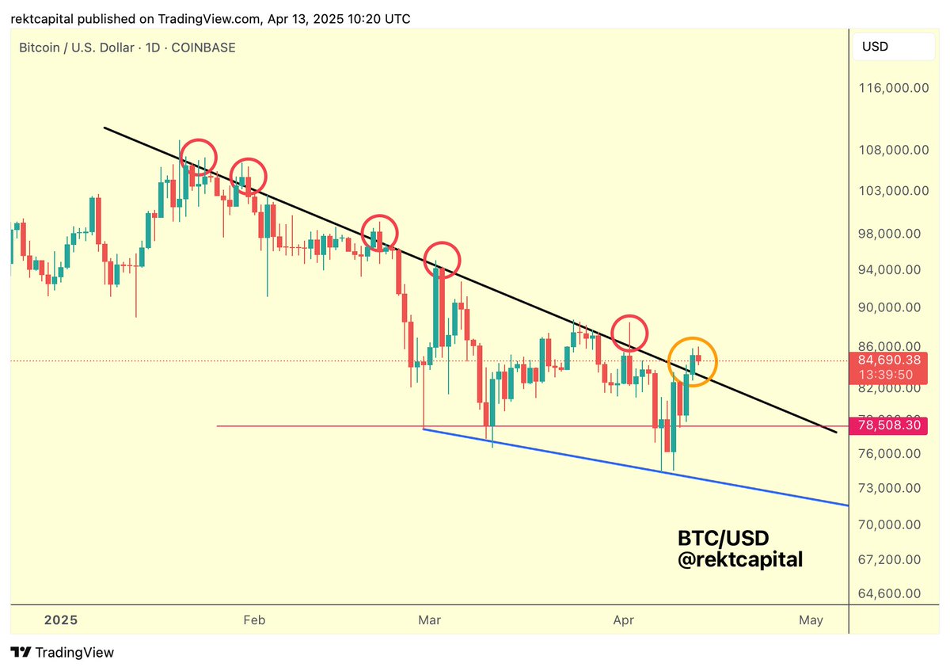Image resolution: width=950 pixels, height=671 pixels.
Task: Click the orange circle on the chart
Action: (693, 362)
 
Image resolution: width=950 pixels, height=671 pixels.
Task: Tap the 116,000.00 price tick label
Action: (893, 88)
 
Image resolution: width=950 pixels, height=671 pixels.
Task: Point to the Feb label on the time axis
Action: (253, 620)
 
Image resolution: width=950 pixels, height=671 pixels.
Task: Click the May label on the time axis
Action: (811, 620)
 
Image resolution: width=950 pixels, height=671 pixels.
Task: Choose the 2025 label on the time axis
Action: (61, 620)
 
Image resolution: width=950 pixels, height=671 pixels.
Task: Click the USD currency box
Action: (875, 47)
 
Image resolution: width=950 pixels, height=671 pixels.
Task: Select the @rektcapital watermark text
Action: (740, 559)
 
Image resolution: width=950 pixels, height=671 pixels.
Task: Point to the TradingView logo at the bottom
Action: (63, 653)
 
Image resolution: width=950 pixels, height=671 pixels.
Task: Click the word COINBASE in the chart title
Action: (205, 48)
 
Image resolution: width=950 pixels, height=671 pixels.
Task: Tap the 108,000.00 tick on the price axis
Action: (893, 150)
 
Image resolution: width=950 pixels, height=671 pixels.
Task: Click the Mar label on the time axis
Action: (429, 620)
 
